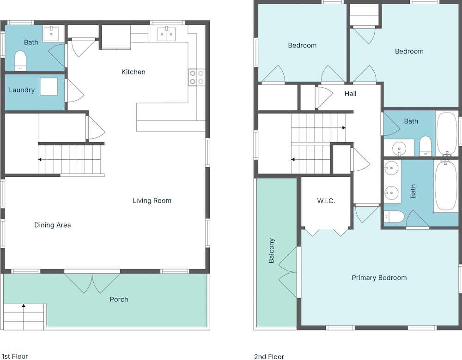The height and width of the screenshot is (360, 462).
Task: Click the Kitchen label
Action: click(133, 72)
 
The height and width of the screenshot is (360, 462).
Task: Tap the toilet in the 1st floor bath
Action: click(20, 61)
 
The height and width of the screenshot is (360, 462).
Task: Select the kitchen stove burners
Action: click(197, 77)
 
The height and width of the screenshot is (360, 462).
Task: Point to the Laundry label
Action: click(22, 90)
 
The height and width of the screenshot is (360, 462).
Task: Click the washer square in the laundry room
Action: click(49, 87)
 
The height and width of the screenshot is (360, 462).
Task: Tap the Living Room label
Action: click(152, 200)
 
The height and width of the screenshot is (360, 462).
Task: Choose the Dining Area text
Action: click(53, 225)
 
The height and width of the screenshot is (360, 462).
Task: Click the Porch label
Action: click(119, 300)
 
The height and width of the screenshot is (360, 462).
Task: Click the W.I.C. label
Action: click(326, 201)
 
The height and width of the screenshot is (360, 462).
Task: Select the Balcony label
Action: click(271, 251)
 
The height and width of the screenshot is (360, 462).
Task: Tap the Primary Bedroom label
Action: click(379, 277)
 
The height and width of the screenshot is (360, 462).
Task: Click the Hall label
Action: click(350, 94)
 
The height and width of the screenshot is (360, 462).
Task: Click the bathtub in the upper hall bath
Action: click(447, 134)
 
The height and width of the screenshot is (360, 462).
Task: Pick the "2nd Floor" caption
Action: click(269, 357)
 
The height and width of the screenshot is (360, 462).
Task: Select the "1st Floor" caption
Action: click(15, 356)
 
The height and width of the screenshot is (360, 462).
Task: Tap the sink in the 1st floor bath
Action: click(51, 34)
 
